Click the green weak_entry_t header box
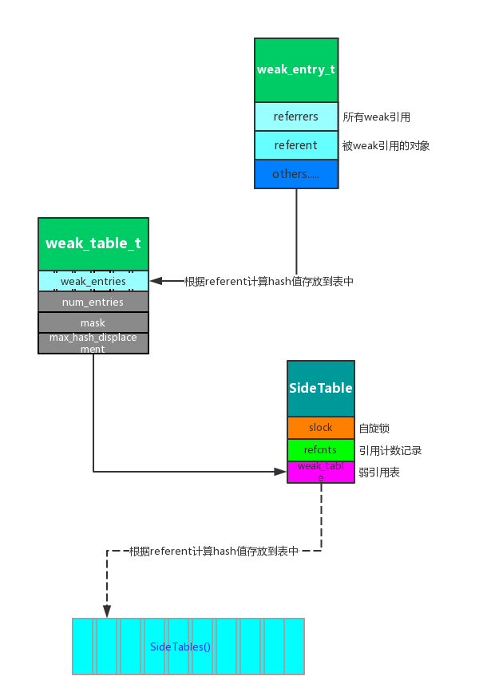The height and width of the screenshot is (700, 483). [x=295, y=69]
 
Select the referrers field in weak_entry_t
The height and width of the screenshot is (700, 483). [x=295, y=117]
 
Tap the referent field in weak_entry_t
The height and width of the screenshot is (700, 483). [x=295, y=145]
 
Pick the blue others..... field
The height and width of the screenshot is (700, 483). [x=295, y=174]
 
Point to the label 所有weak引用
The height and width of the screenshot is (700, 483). [x=376, y=117]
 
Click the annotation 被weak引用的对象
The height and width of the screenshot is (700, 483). [x=386, y=146]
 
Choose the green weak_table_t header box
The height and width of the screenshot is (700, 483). [x=93, y=243]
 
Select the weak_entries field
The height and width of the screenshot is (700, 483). [x=93, y=281]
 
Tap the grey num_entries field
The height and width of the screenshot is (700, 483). [x=93, y=302]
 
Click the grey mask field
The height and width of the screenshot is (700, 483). [x=93, y=322]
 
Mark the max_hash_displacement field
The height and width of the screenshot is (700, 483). [x=93, y=343]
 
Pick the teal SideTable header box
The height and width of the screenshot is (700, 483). [x=320, y=388]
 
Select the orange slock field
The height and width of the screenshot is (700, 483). [x=320, y=428]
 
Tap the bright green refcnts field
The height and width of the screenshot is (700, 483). [x=320, y=450]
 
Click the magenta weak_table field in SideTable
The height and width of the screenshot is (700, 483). [x=320, y=472]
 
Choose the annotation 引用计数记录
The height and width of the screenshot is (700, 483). [x=390, y=451]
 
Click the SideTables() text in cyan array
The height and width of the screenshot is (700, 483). [x=180, y=647]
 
